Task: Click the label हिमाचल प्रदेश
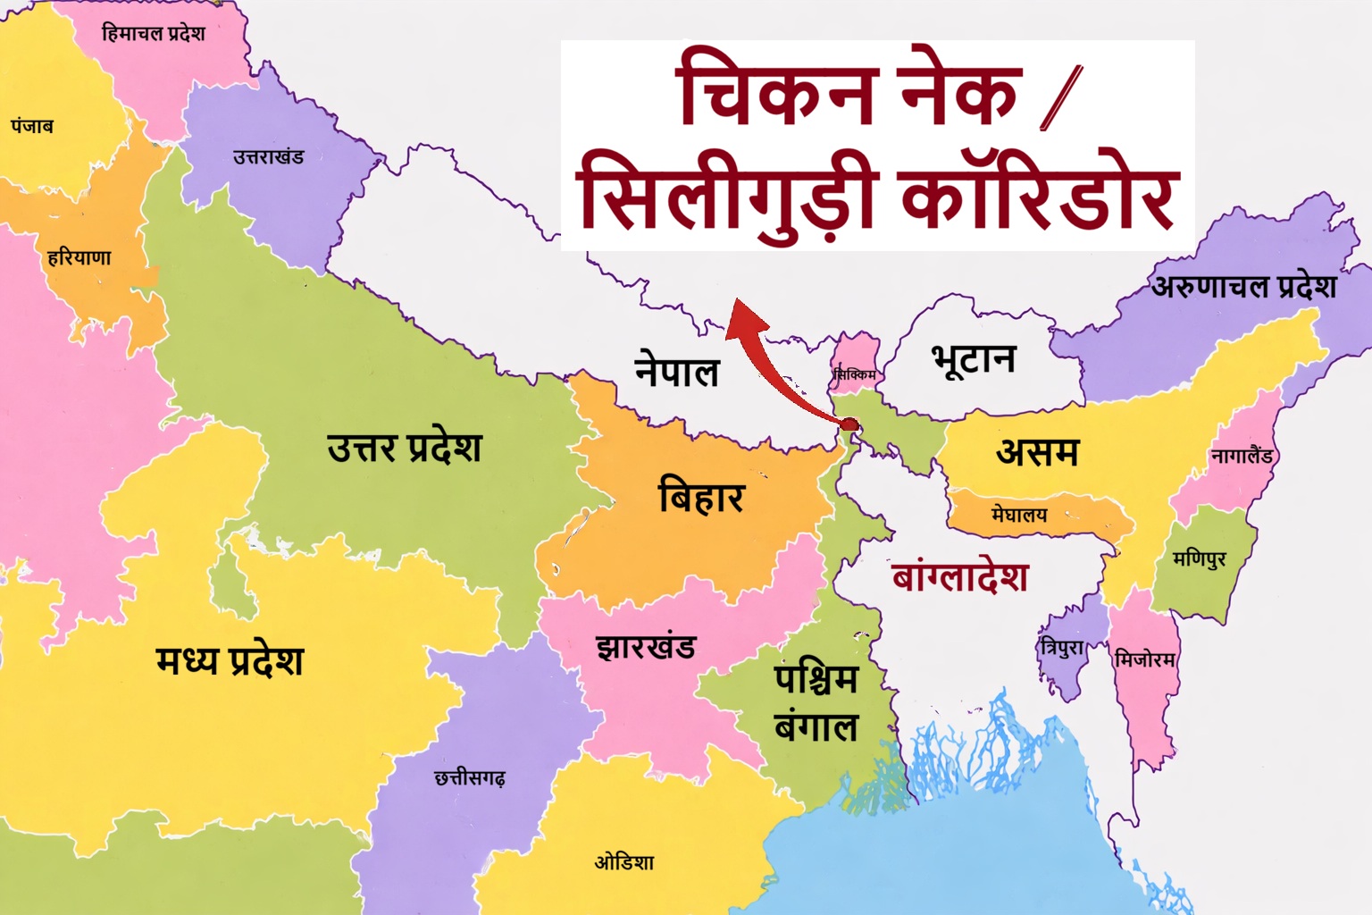pyautogui.click(x=153, y=34)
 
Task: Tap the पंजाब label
pyautogui.click(x=32, y=126)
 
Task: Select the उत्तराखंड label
pyautogui.click(x=268, y=157)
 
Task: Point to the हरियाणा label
pyautogui.click(x=79, y=258)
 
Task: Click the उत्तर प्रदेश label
pyautogui.click(x=404, y=448)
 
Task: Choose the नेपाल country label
pyautogui.click(x=676, y=371)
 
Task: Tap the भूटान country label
pyautogui.click(x=974, y=359)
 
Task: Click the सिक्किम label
pyautogui.click(x=855, y=374)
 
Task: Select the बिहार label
pyautogui.click(x=700, y=496)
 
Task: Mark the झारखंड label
pyautogui.click(x=646, y=646)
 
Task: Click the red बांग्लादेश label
pyautogui.click(x=960, y=577)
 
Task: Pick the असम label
pyautogui.click(x=1037, y=452)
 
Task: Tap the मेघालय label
pyautogui.click(x=1019, y=515)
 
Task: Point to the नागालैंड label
pyautogui.click(x=1242, y=456)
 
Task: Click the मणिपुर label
pyautogui.click(x=1200, y=559)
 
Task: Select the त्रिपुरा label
pyautogui.click(x=1062, y=648)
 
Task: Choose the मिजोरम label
pyautogui.click(x=1144, y=660)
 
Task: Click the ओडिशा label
pyautogui.click(x=624, y=862)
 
